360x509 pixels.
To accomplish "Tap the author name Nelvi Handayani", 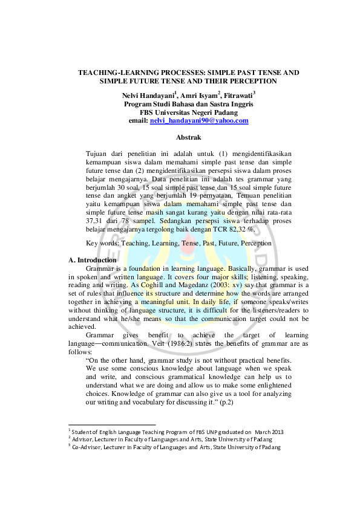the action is pos(148,95).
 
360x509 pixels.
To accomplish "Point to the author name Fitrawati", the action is pos(238,95).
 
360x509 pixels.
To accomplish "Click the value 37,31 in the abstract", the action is pos(96,221).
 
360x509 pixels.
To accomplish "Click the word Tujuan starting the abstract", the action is pos(97,154).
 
